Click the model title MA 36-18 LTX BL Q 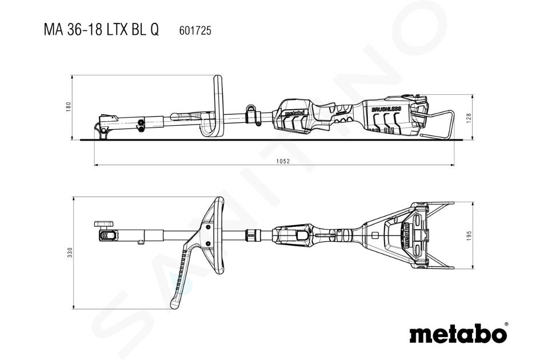[x=102, y=30]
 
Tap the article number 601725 [x=195, y=31]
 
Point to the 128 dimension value [x=469, y=118]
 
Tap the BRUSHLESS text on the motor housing [x=386, y=109]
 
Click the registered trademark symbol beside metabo [x=506, y=325]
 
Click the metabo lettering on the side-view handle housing [x=293, y=113]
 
